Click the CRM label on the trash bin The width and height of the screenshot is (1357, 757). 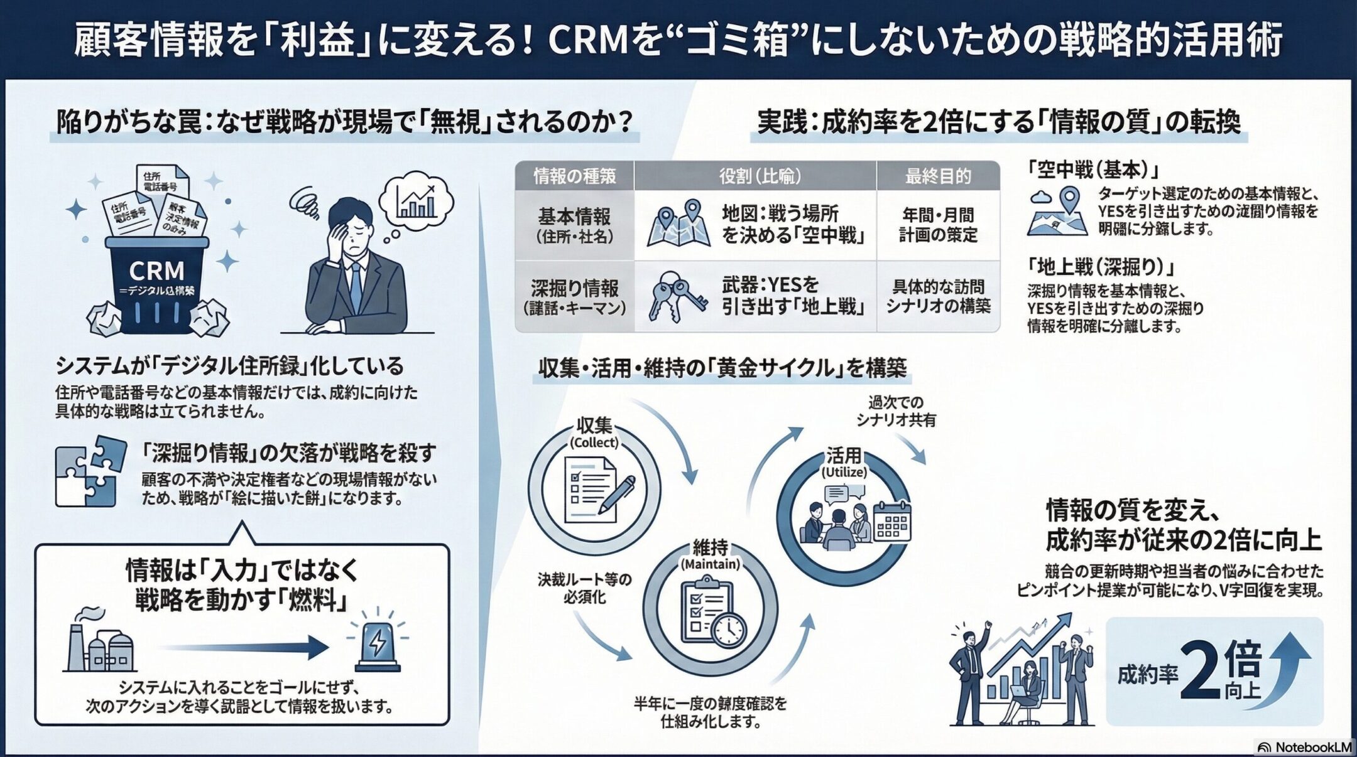[x=156, y=271]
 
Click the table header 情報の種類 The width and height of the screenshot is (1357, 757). [x=574, y=176]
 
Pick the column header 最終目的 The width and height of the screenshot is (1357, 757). [x=937, y=176]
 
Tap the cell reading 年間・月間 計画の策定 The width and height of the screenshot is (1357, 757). [x=937, y=225]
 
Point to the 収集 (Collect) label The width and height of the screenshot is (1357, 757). [x=594, y=433]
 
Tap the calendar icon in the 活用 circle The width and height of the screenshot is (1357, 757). [x=892, y=521]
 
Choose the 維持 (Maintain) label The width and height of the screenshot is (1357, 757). [x=711, y=555]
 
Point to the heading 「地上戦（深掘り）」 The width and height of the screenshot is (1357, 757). [x=1101, y=267]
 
